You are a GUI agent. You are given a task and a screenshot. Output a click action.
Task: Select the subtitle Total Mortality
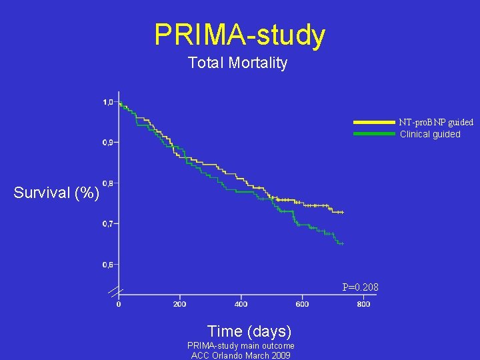coord(237,63)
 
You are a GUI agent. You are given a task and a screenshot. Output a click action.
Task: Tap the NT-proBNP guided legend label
coord(437,122)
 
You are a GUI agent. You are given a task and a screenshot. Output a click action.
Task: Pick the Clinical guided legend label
coord(430,134)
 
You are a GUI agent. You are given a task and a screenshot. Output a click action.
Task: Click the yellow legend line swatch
coord(374,123)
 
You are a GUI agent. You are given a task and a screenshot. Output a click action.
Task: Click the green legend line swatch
coord(374,133)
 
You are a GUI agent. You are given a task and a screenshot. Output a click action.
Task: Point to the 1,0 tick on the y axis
coord(107,102)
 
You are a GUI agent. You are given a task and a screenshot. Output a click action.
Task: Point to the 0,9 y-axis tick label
coord(107,142)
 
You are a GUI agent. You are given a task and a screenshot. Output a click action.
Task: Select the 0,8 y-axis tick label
coord(107,183)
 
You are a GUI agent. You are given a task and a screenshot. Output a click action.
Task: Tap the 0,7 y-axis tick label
coord(107,224)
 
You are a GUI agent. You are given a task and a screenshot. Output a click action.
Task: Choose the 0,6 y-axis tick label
coord(107,265)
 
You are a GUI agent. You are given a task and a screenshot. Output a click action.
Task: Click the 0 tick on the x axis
coord(119,304)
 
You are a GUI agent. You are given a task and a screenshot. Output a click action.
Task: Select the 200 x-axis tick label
coord(179,304)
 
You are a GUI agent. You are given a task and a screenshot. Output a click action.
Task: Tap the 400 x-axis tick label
coord(241,304)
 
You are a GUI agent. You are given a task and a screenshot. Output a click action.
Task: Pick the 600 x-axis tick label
coord(302,304)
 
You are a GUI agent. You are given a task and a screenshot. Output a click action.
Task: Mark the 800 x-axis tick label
coord(363,304)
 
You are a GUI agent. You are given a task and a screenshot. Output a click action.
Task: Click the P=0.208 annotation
coord(360,287)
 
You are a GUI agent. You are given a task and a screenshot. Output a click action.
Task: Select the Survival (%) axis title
coord(57,193)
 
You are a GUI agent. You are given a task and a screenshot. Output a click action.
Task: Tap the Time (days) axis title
coord(249,331)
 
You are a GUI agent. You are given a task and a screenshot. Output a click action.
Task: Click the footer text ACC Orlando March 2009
coord(241,355)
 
